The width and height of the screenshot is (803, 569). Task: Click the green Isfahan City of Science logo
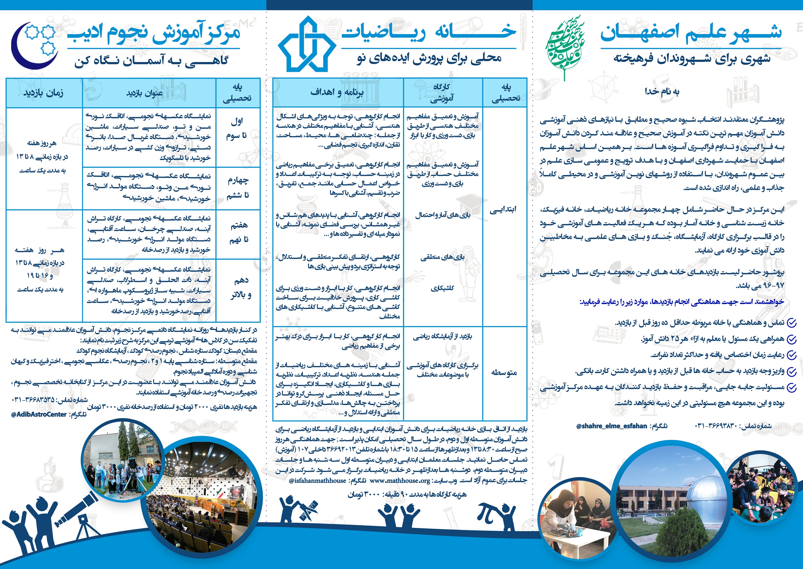(564, 46)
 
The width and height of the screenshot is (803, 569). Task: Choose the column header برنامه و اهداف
(337, 92)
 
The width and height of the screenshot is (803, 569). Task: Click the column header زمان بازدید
(43, 93)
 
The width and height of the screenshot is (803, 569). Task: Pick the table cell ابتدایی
(503, 209)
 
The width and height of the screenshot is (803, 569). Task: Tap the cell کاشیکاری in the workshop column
(442, 288)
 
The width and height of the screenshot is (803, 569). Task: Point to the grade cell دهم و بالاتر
(240, 288)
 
